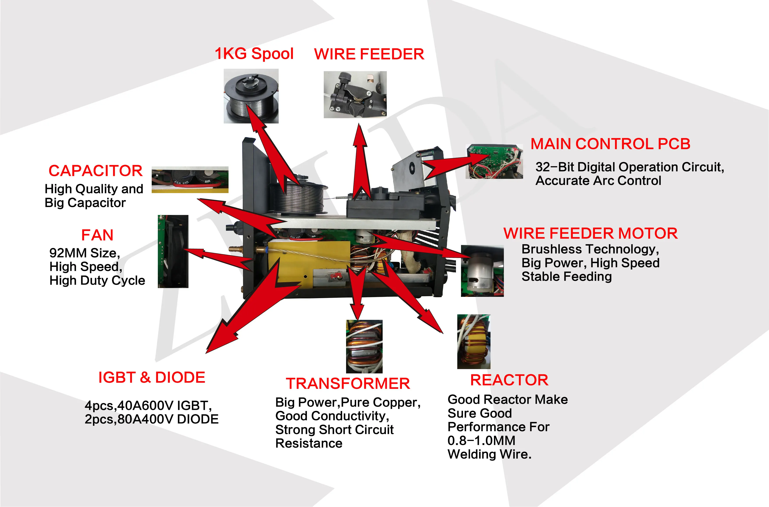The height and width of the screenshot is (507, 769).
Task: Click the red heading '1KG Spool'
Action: pos(254,54)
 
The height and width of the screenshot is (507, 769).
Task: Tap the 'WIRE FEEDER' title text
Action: pos(369,54)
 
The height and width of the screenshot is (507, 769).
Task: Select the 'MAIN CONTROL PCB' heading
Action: pos(610,144)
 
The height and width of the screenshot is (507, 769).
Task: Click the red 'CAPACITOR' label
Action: pos(95,171)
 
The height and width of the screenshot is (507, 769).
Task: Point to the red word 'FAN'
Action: pos(97,235)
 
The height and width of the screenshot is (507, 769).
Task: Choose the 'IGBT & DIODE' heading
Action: pos(152,377)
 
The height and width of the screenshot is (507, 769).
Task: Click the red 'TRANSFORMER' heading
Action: pos(348,384)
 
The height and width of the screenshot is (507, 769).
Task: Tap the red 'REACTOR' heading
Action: pos(509,380)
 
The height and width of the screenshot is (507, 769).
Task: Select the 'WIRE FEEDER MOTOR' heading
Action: pos(590,233)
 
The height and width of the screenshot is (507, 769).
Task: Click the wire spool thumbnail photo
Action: pos(251,96)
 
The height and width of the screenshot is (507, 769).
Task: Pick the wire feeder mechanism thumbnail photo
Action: pos(355,94)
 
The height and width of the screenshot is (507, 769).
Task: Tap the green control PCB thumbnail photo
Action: pos(494,161)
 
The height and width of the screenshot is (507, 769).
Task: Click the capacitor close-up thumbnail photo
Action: pos(190,180)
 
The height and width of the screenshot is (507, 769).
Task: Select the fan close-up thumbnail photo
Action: pos(173,251)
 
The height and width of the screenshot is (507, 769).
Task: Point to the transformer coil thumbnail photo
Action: pos(364,346)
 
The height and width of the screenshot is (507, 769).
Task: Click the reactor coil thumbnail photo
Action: pos(473,342)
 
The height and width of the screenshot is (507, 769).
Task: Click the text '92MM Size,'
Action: pos(85,253)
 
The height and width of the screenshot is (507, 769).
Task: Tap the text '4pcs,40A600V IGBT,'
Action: pos(148,405)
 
